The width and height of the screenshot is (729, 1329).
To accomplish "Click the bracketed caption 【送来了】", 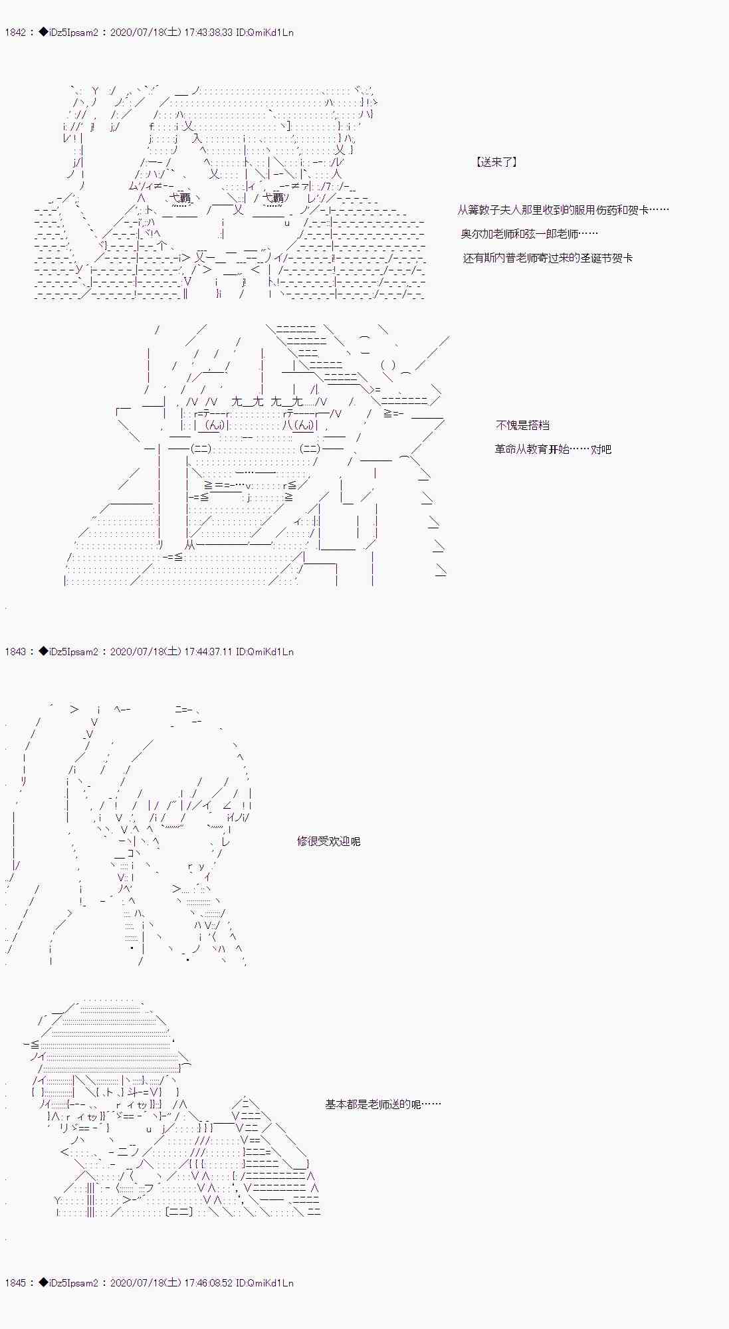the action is [496, 162].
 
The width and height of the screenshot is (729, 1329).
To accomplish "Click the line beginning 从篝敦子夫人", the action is [563, 210].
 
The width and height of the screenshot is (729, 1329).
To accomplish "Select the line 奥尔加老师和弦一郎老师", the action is [529, 234].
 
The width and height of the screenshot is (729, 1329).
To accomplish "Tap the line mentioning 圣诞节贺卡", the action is [548, 258].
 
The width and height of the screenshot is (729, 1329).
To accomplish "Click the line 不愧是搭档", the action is [522, 425].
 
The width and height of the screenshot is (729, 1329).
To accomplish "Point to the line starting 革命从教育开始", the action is [553, 449].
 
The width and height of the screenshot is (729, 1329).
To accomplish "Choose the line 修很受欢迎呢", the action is [328, 841].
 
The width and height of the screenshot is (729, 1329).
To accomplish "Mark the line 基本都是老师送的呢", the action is [383, 1104].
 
